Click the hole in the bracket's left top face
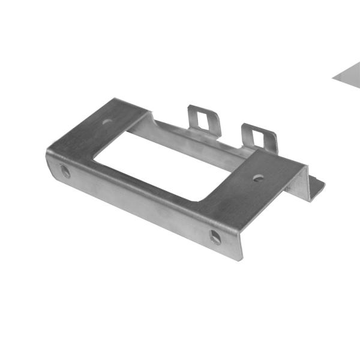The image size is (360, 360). [107, 121]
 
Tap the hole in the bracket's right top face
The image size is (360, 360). [258, 178]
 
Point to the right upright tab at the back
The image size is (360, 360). [259, 137]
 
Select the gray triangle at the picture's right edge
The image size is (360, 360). [349, 76]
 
